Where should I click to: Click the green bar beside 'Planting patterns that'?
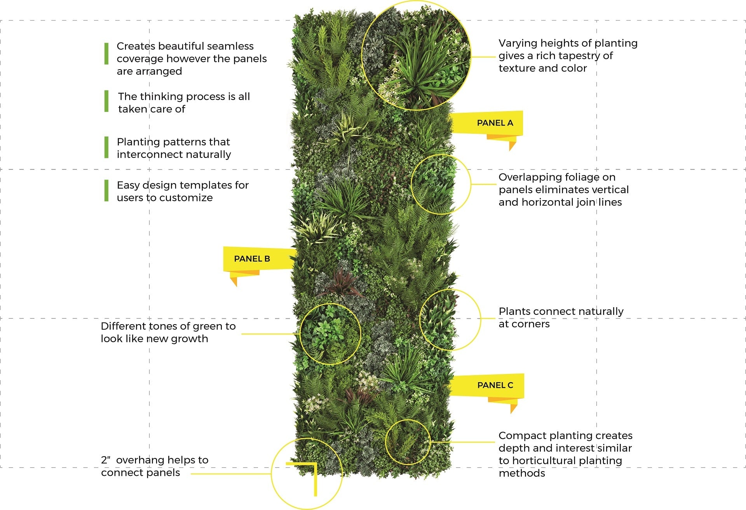point(106,147)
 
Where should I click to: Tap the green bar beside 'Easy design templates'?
point(106,190)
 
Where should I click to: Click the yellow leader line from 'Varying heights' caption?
point(483,57)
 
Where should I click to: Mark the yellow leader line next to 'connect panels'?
point(231,474)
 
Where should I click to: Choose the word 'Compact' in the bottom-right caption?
point(521,436)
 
